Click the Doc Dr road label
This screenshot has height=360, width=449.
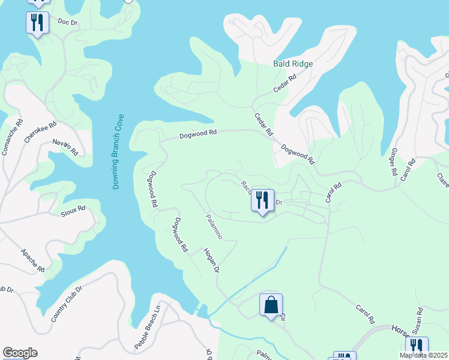coord(68,23)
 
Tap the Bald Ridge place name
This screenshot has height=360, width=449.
coord(293,63)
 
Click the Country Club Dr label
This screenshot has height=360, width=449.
coord(66,304)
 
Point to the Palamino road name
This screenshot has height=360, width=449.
coord(214,227)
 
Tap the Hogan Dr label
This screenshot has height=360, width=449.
coord(210,261)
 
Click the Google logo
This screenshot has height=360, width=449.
coord(20,353)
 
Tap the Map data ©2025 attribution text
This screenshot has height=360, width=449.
coord(423,355)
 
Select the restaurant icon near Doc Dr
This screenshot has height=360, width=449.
coord(37,23)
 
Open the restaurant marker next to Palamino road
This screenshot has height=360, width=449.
coord(262,200)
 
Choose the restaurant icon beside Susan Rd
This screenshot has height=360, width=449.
coord(416,347)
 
